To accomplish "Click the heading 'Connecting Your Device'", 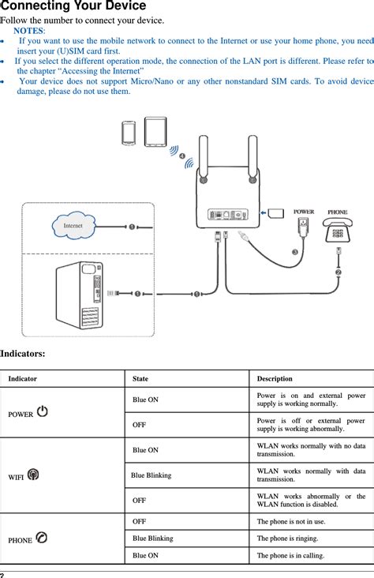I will [x=73, y=6].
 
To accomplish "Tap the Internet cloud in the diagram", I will [x=73, y=227].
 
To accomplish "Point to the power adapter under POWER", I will [x=304, y=227].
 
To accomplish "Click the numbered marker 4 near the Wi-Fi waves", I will [x=184, y=157].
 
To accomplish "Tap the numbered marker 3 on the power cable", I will [x=295, y=252].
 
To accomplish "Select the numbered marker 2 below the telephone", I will [x=338, y=272].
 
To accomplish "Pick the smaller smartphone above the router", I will [x=129, y=133].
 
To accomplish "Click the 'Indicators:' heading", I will [x=22, y=355].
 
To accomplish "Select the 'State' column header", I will [x=140, y=379].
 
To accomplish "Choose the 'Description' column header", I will [x=275, y=379].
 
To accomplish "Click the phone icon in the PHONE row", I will [x=41, y=539].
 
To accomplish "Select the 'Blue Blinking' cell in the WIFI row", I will [x=151, y=475].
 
